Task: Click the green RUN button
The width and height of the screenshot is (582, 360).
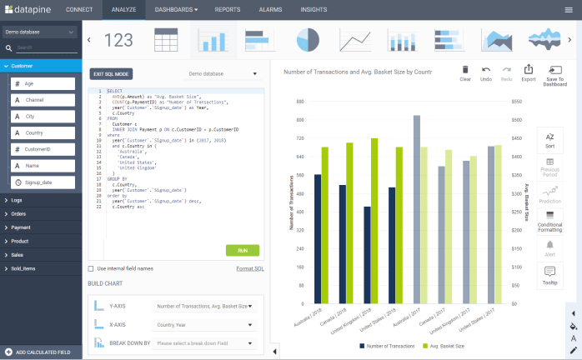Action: coord(242,250)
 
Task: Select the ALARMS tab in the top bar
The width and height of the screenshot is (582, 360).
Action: coord(271,9)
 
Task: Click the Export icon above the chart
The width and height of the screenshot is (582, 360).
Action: coord(528,73)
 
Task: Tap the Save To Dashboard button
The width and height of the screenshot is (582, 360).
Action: coord(554,75)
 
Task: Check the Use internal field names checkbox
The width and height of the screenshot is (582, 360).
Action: coord(91,268)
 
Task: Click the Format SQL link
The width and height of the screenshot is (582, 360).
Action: coord(250,268)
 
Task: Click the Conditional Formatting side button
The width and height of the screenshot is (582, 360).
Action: coord(549,220)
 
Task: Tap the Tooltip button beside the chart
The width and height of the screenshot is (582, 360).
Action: coord(549,274)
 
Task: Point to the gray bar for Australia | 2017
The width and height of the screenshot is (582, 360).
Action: coord(417,209)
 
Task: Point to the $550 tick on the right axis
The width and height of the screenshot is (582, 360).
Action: coord(515,101)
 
